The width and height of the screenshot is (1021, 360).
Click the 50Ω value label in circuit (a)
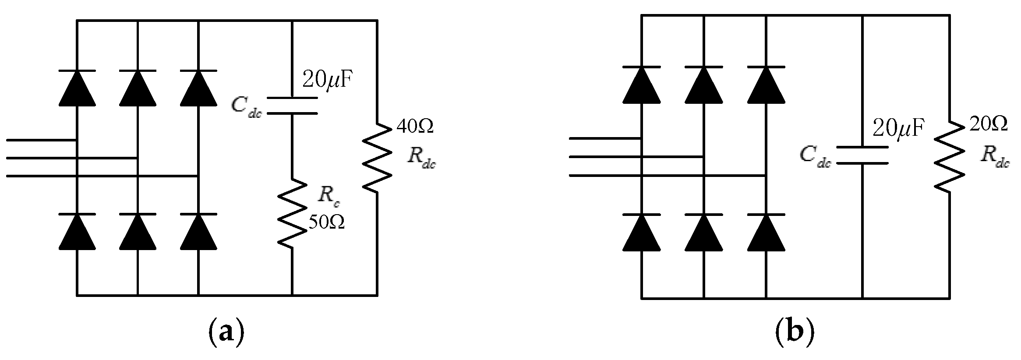coord(326,222)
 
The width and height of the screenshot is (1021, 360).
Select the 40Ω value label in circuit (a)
coord(415,127)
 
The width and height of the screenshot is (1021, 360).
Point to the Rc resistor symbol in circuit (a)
coord(292,213)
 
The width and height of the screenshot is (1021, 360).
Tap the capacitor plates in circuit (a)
coord(292,106)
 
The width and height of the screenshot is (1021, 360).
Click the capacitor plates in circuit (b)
coord(862,155)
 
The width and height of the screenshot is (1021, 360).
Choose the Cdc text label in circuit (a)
coord(246,106)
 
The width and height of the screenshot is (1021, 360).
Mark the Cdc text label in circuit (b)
coord(815,156)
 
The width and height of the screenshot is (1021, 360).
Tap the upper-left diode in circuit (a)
coord(77,88)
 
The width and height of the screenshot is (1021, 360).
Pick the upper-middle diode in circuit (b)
coord(703,85)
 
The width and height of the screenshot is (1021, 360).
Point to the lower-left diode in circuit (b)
coord(641,232)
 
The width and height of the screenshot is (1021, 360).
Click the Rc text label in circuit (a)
coord(329,197)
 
